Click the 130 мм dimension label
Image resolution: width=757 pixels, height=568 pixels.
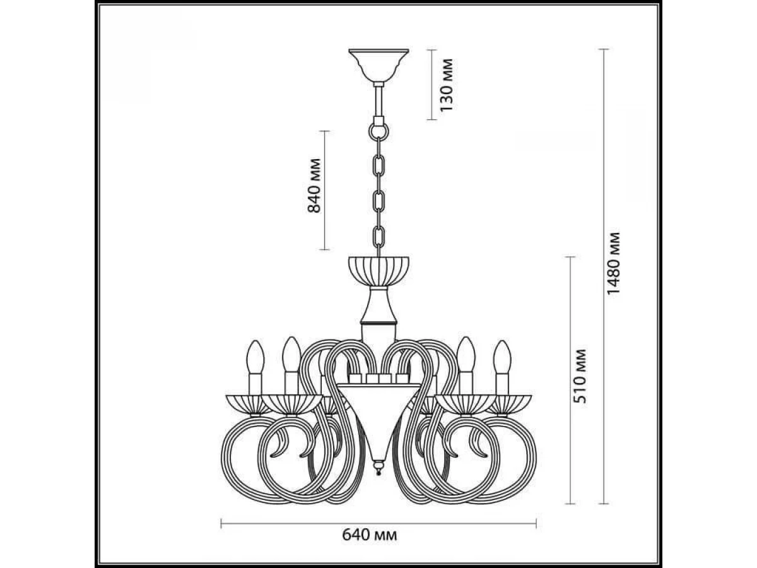pos(446,85)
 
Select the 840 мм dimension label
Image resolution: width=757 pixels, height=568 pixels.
pos(314,186)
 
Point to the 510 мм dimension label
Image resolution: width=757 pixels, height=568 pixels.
pos(579,376)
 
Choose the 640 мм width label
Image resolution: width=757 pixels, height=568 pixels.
pos(370,535)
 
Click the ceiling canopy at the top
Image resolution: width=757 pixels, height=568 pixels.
pos(378,66)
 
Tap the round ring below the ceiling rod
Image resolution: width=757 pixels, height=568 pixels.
pos(378,131)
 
